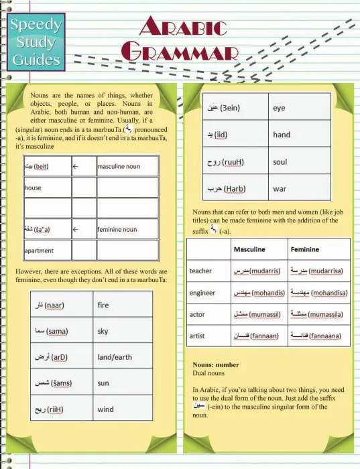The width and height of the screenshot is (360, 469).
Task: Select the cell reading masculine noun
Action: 127,165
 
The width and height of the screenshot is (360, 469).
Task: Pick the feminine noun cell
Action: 127,229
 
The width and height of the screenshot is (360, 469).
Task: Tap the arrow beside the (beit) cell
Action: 83,165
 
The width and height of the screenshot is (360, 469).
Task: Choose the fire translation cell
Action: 127,306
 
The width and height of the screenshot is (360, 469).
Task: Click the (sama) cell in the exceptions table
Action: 61,331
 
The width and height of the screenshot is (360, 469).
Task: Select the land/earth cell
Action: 127,357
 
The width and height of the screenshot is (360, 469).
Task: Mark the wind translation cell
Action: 127,409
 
